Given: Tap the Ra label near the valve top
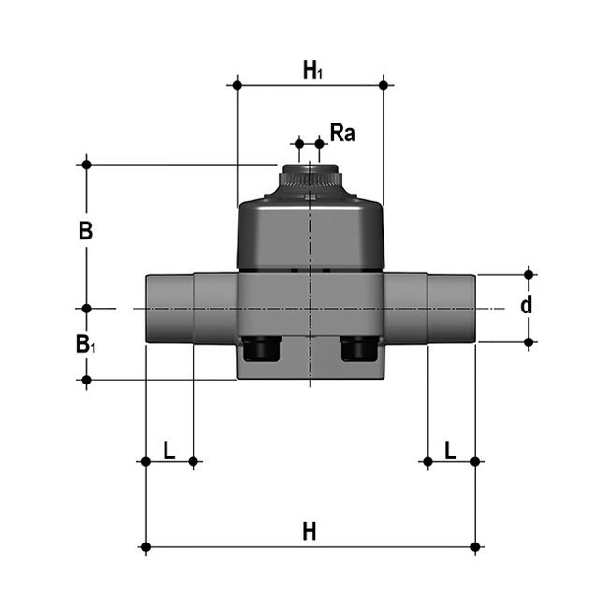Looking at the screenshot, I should point(342,134).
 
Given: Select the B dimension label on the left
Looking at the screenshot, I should point(85,231).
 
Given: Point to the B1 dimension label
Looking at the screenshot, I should point(86,344).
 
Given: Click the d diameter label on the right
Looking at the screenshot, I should point(527,306).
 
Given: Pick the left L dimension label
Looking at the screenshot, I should point(169,450).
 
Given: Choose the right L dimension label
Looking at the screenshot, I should point(450,450).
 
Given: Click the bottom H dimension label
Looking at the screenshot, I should point(310,531).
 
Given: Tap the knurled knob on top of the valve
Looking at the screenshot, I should point(310,176).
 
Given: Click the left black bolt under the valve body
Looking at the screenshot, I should point(261,350).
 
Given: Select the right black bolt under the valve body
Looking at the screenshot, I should point(358,350).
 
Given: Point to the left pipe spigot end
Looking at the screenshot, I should point(169,309).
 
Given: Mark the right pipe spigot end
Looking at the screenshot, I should point(452,309).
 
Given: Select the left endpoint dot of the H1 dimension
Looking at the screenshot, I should point(238,86).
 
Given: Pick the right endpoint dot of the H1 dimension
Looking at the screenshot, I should point(384,86).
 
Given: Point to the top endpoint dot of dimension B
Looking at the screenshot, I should point(86,165).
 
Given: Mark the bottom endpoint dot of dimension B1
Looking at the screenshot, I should point(86,380).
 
